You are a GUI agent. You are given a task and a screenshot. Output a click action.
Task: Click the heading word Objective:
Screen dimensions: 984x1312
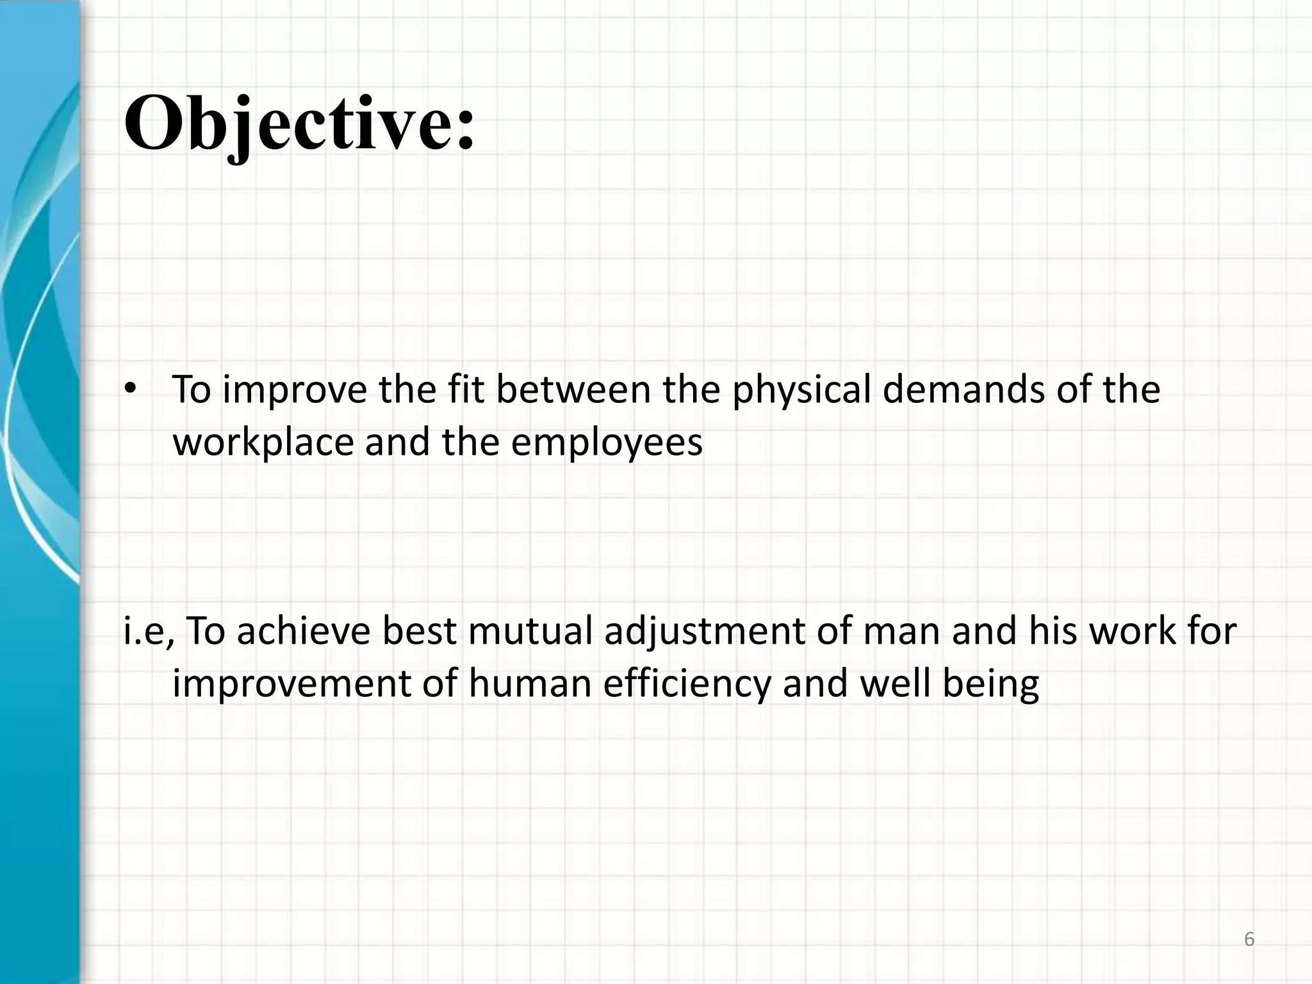299,123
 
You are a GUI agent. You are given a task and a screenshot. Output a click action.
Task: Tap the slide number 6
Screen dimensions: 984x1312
1249,939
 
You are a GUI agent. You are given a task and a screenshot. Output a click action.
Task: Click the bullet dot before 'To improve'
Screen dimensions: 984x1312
131,389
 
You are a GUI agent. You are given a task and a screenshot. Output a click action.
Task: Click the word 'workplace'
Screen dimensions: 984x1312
263,442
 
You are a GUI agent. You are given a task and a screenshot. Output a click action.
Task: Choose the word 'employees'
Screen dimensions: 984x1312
607,442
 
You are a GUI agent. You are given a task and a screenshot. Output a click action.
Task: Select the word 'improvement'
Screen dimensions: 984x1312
292,684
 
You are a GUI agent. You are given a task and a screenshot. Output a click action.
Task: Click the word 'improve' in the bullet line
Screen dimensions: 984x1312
295,389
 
